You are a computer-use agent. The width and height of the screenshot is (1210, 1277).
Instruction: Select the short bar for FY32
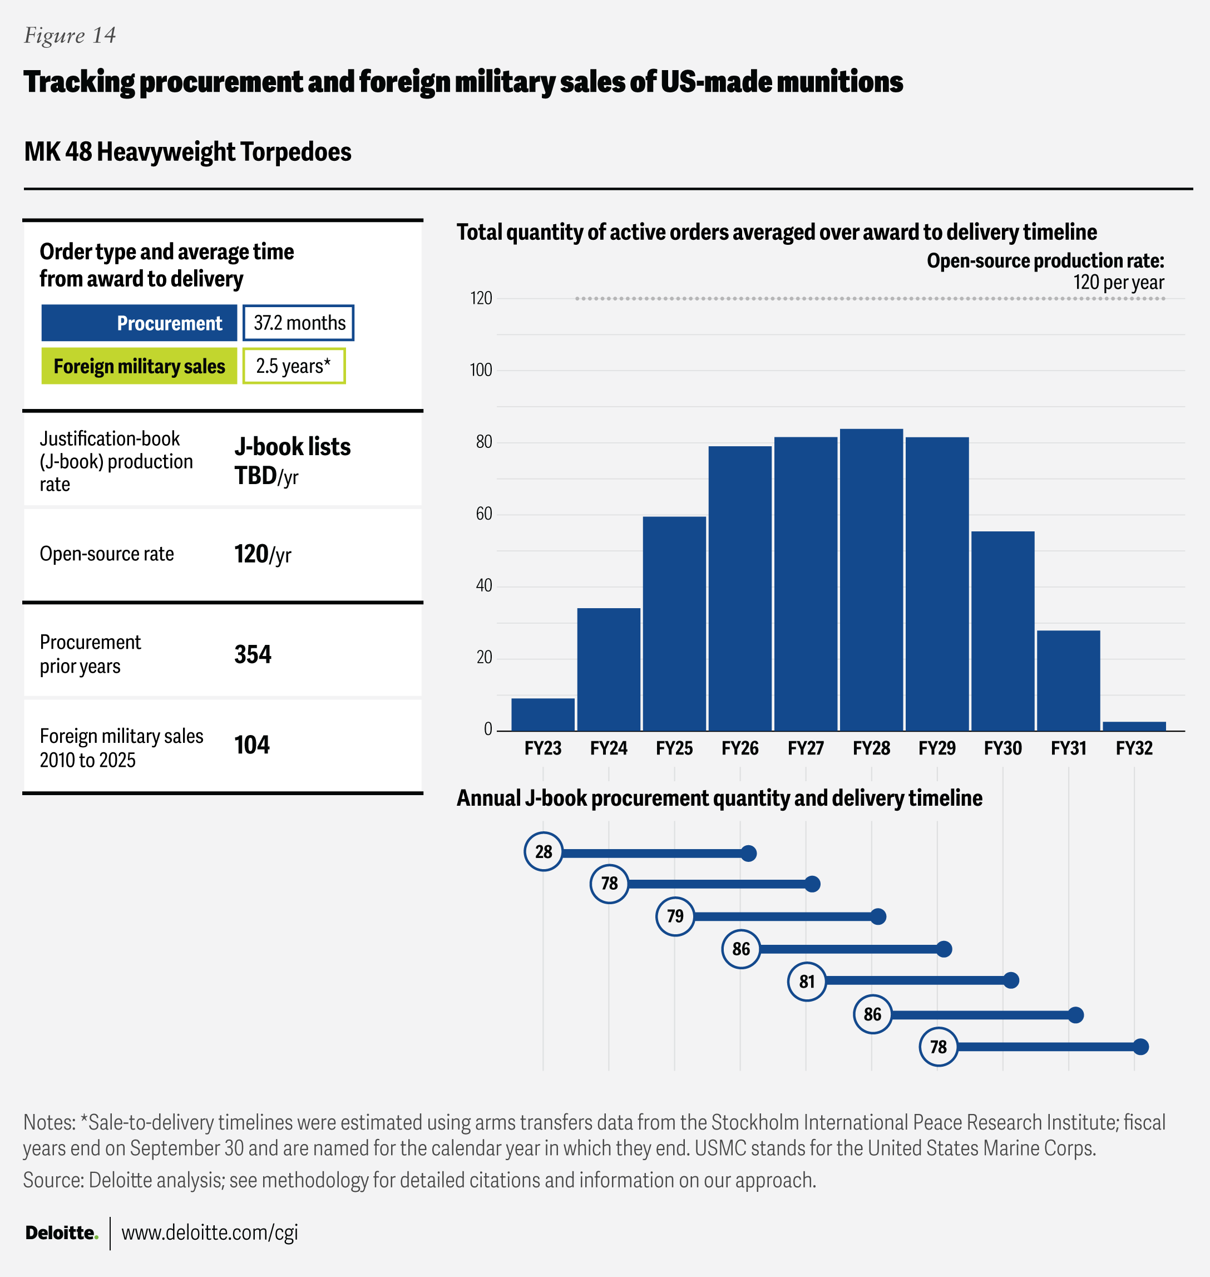(1134, 726)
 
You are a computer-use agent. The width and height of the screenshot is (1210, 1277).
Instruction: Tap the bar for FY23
(542, 714)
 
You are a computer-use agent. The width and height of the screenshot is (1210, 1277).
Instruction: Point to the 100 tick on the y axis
(481, 370)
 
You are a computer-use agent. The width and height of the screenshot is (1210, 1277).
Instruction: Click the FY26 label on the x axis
(740, 748)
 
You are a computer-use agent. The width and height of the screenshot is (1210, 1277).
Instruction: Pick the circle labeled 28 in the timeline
(543, 852)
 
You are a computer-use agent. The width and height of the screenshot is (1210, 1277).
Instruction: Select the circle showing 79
(675, 916)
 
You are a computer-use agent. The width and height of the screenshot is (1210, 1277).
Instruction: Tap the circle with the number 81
(807, 982)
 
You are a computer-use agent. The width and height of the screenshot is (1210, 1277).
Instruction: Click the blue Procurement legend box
(139, 323)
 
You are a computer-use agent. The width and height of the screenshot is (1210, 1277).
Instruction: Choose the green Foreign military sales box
(139, 366)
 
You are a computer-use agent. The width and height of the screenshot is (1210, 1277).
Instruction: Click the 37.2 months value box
(299, 323)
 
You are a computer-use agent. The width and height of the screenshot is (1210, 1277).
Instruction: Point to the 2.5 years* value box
(294, 366)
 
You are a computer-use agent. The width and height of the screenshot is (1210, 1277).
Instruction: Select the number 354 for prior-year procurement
(253, 654)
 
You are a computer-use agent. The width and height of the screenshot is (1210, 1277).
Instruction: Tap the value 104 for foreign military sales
(251, 745)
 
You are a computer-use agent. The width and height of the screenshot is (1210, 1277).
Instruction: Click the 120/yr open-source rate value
(263, 555)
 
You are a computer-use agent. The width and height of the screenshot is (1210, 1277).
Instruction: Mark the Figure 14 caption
(70, 36)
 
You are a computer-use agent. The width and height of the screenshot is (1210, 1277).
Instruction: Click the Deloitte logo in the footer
(61, 1232)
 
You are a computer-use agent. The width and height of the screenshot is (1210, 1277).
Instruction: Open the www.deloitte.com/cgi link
(210, 1232)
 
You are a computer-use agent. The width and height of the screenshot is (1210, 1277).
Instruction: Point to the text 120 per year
(1118, 283)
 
